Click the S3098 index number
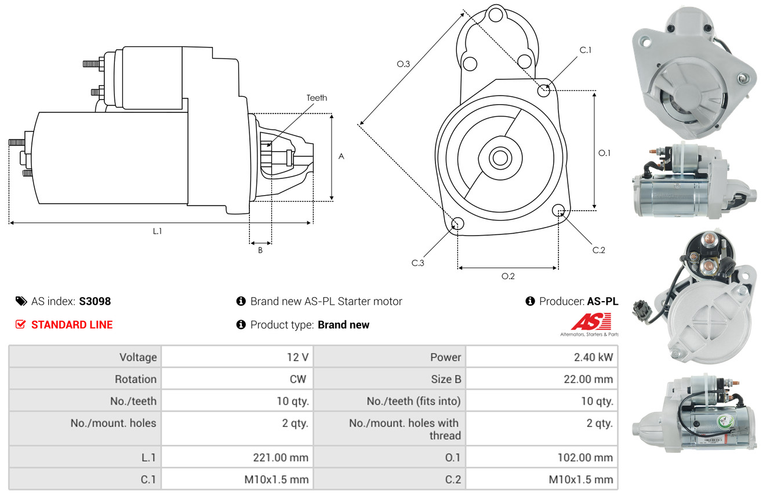pyautogui.click(x=95, y=301)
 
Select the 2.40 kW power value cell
pyautogui.click(x=542, y=357)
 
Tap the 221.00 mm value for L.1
pyautogui.click(x=237, y=457)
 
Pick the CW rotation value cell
pyautogui.click(x=237, y=379)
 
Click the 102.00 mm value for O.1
pyautogui.click(x=542, y=457)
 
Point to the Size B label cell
pyautogui.click(x=390, y=379)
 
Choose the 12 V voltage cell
pyautogui.click(x=237, y=357)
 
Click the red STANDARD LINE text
pyautogui.click(x=72, y=325)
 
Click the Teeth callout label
pyautogui.click(x=317, y=98)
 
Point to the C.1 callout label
pyautogui.click(x=586, y=50)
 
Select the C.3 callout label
pyautogui.click(x=417, y=263)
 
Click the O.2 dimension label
pyautogui.click(x=508, y=276)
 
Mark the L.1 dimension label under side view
pyautogui.click(x=157, y=231)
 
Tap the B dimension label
pyautogui.click(x=260, y=250)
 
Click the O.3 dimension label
pyautogui.click(x=404, y=64)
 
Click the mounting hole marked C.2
pyautogui.click(x=558, y=210)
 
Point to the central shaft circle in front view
pyautogui.click(x=500, y=158)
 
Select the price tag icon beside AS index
pyautogui.click(x=21, y=301)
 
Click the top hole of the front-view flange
pyautogui.click(x=496, y=14)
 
